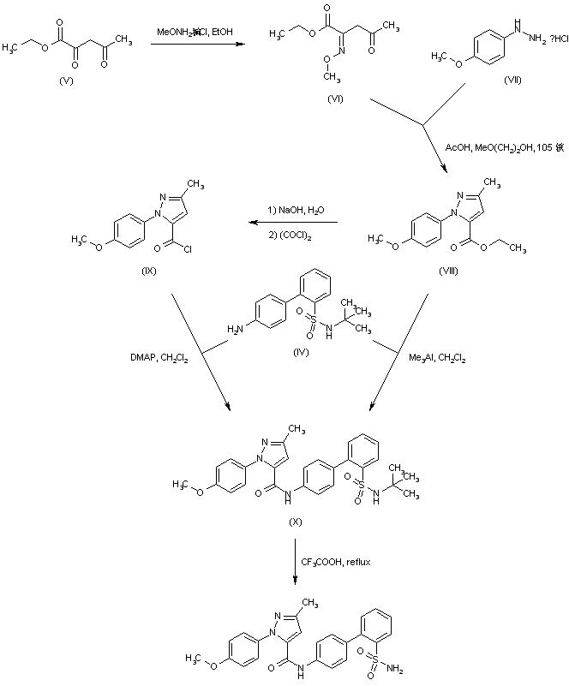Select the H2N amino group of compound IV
pyautogui.click(x=237, y=329)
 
